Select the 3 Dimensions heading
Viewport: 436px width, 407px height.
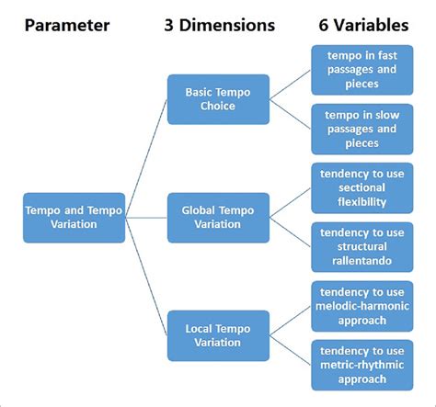219,26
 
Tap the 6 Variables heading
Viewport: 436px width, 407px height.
363,26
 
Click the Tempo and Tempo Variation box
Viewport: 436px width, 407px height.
74,218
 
